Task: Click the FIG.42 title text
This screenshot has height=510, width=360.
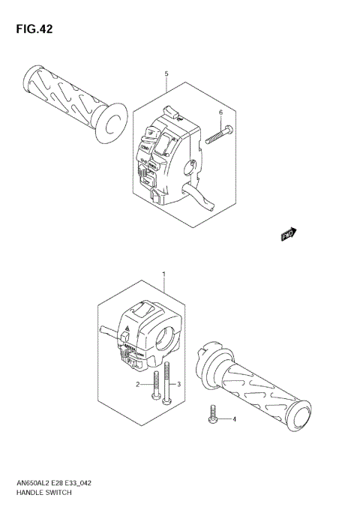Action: click(x=31, y=29)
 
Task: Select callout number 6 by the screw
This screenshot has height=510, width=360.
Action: click(x=220, y=112)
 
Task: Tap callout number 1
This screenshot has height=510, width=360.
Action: click(x=164, y=275)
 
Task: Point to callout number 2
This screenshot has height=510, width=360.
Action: click(x=138, y=385)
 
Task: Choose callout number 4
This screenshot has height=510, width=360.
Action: click(x=233, y=419)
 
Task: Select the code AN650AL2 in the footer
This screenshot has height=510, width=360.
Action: click(x=31, y=484)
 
